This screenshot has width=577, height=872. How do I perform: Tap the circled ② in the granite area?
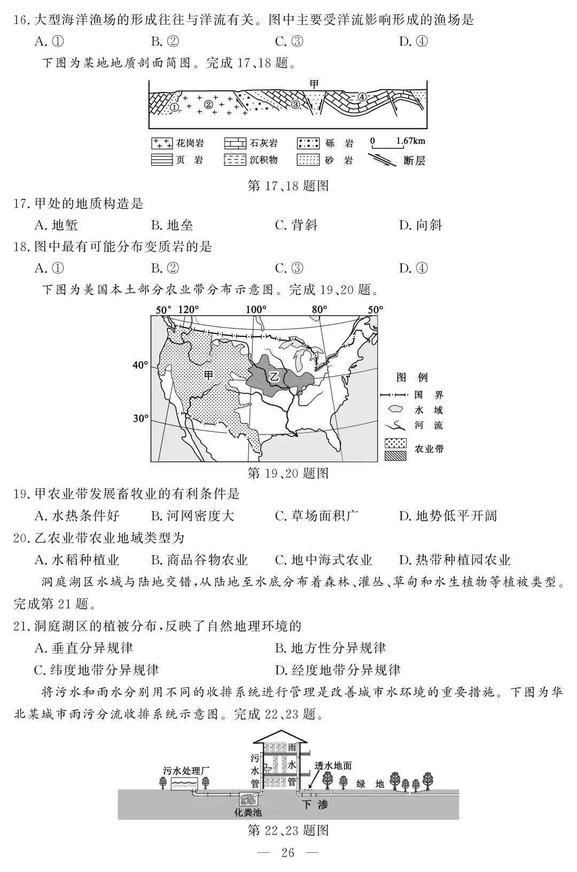208,105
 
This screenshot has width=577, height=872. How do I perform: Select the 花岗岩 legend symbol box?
161,143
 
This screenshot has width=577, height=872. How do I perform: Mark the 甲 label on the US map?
208,375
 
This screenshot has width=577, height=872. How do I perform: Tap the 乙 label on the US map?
275,376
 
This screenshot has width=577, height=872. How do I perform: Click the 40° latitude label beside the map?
140,365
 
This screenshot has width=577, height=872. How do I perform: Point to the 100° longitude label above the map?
255,309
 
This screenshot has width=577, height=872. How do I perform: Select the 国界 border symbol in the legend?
394,395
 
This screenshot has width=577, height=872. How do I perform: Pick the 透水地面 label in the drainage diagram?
333,766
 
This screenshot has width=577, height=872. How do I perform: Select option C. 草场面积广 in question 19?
317,516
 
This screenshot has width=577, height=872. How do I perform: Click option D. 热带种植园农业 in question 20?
455,559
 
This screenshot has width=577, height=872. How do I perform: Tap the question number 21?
21,626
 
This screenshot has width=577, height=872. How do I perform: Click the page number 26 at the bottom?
288,853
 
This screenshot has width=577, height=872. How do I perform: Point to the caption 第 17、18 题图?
288,185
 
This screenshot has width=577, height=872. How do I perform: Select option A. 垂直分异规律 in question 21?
84,648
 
